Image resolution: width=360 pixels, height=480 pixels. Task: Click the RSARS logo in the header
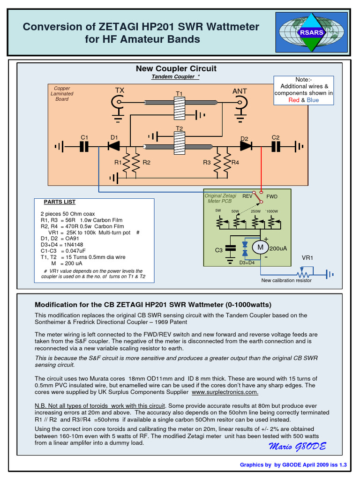click(x=311, y=32)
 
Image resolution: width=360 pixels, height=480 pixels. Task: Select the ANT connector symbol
click(x=241, y=103)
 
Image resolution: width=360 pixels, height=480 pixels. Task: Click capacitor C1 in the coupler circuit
click(x=84, y=147)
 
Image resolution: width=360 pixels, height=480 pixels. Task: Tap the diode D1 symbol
click(x=114, y=146)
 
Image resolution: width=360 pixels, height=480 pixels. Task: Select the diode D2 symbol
click(x=245, y=146)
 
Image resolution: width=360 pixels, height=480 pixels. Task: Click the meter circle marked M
click(x=259, y=247)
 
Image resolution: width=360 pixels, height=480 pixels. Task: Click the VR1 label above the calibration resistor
click(x=307, y=258)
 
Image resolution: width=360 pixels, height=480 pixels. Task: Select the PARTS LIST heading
click(x=60, y=202)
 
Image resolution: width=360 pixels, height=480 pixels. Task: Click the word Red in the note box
click(x=294, y=100)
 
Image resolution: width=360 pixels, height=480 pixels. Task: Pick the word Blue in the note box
click(x=313, y=100)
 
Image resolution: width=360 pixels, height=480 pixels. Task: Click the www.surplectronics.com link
click(x=225, y=392)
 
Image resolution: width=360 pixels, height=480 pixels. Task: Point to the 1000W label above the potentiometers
click(x=272, y=211)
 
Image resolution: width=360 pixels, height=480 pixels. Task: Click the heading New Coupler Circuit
click(x=176, y=68)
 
